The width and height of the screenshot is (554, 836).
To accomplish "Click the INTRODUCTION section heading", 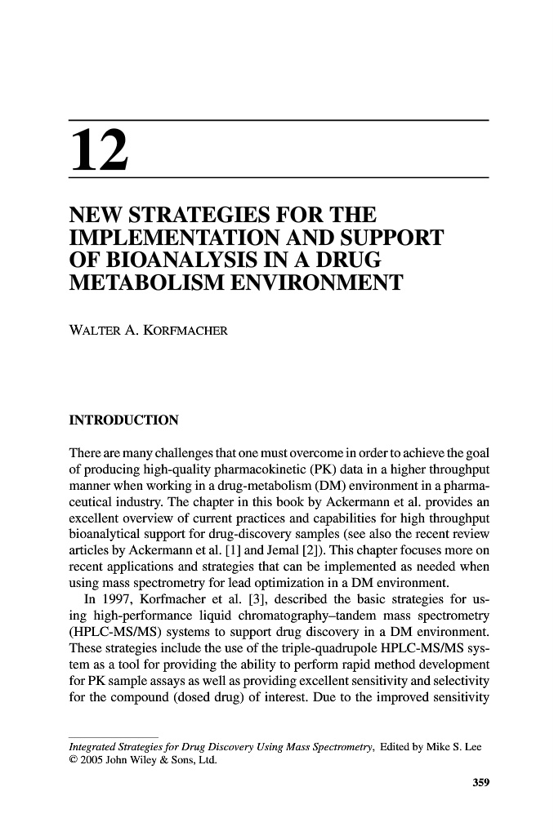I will (x=122, y=421).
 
